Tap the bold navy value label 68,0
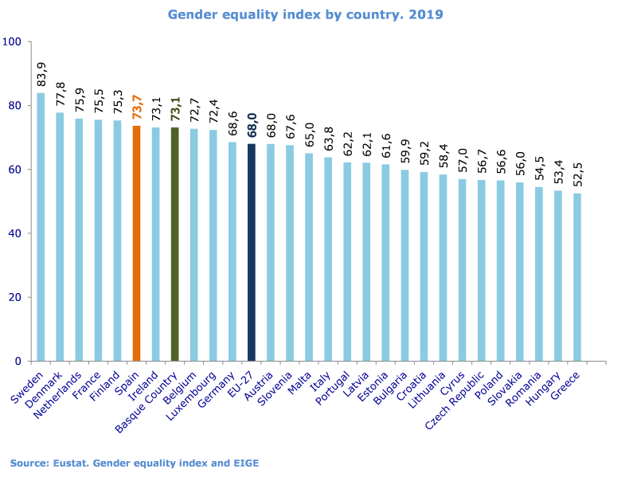[252, 124]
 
